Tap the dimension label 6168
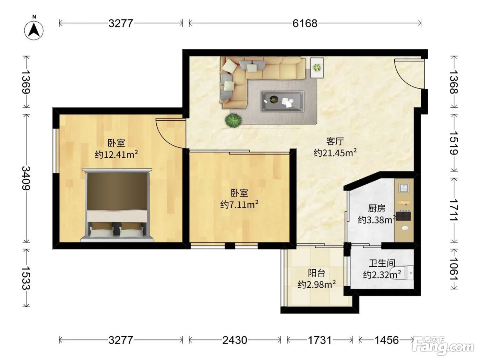click(305, 23)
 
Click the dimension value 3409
click(26, 178)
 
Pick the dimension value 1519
click(454, 143)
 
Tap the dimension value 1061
click(454, 269)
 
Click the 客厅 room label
click(335, 141)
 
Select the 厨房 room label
click(376, 208)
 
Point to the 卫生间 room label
click(382, 263)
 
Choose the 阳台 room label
click(316, 273)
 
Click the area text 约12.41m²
click(116, 154)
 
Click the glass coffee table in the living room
click(283, 101)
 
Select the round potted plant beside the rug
click(233, 120)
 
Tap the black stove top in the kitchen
click(403, 215)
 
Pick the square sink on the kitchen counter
click(404, 188)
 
